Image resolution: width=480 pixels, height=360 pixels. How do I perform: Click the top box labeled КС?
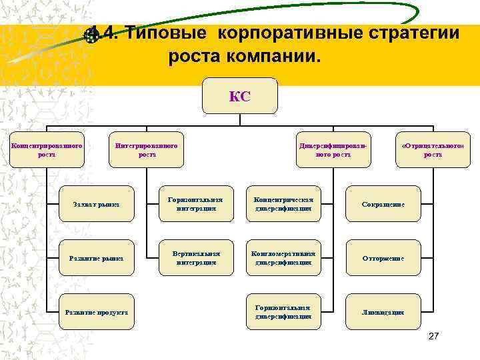[x=239, y=97]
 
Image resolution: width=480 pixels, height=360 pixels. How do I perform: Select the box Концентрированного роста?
[x=47, y=149]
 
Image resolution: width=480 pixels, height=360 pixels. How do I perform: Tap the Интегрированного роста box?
[x=147, y=149]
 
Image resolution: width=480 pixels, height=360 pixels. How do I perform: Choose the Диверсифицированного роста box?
[x=333, y=149]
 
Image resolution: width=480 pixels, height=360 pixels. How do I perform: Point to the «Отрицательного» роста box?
[x=433, y=149]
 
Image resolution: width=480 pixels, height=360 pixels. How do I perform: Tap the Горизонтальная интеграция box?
[x=196, y=204]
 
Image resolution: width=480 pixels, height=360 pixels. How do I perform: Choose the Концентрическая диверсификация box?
[x=283, y=204]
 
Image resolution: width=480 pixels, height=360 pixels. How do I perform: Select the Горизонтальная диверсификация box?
[x=283, y=312]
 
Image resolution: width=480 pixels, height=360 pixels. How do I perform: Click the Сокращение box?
[x=383, y=204]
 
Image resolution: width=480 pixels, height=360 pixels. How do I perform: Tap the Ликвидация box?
[x=383, y=312]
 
